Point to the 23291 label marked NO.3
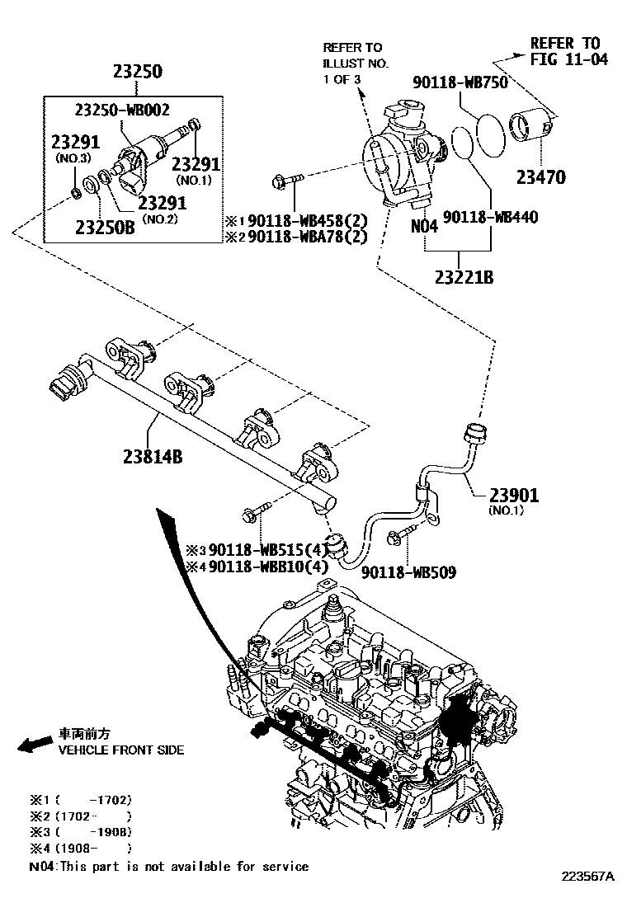tap(75, 142)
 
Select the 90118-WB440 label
tap(491, 217)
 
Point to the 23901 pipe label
tap(513, 495)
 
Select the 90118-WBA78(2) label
tap(307, 237)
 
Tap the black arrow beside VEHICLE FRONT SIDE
tap(35, 745)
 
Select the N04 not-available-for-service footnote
tap(168, 866)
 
